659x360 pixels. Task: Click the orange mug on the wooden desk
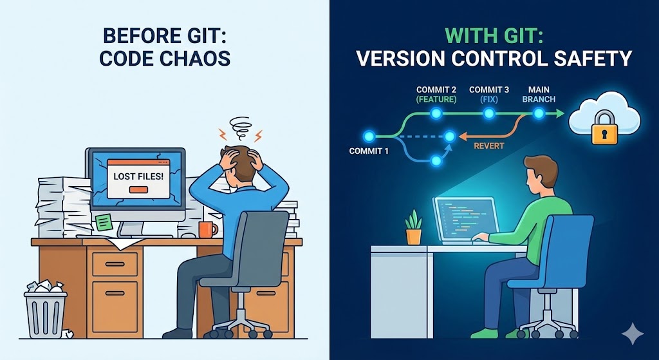206,229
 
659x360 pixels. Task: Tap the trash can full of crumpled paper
45,312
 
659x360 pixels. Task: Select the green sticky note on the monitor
102,222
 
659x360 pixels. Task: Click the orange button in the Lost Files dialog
138,189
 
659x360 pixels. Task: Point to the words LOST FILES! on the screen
138,175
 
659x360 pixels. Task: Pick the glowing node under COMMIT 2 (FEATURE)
436,114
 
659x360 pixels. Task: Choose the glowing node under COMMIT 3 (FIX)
489,114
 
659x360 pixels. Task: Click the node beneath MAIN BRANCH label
539,114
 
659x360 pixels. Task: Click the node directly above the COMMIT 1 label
369,136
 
